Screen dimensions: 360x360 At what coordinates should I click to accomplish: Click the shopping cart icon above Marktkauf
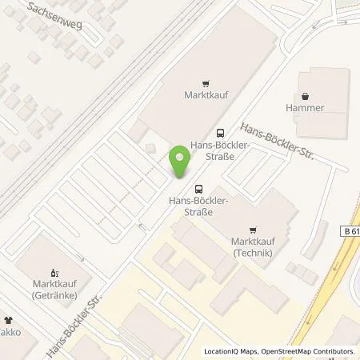click(x=206, y=82)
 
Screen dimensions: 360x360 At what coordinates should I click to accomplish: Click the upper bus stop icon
click(x=219, y=133)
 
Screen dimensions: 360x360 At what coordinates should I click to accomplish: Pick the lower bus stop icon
click(x=198, y=189)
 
